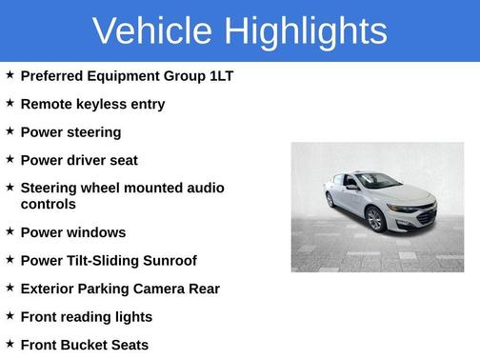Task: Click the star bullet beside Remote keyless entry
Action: coord(10,103)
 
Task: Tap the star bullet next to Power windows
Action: coord(10,231)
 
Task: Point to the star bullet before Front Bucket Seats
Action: coord(10,344)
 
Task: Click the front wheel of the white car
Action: coord(375,220)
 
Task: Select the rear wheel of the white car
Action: coord(330,200)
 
